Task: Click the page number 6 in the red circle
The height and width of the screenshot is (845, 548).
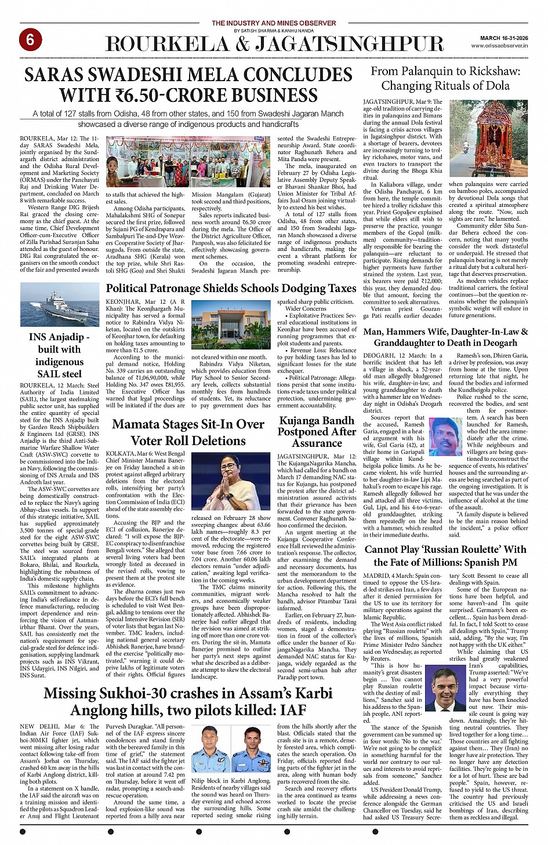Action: [x=30, y=39]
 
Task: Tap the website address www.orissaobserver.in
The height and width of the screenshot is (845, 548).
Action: [x=499, y=45]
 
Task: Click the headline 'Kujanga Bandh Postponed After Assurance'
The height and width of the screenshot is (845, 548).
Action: [x=317, y=432]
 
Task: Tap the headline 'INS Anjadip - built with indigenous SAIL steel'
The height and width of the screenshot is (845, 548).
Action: [x=59, y=355]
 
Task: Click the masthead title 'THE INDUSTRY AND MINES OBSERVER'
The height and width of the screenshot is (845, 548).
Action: [x=274, y=23]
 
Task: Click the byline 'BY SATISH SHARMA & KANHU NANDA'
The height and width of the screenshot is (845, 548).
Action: [x=274, y=30]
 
